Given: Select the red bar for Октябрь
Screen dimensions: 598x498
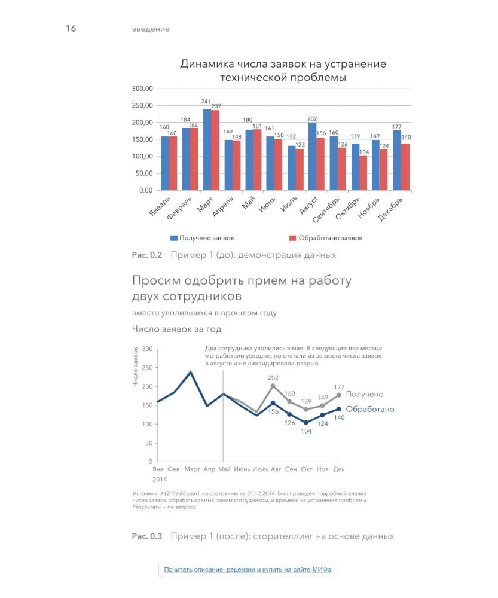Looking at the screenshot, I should click(x=363, y=173).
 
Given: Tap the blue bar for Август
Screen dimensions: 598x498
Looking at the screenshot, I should click(x=312, y=156).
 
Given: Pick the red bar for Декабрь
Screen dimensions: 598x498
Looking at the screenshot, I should click(x=405, y=167).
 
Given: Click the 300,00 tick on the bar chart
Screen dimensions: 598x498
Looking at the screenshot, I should click(x=142, y=89).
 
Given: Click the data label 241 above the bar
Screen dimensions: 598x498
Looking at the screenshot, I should click(x=206, y=102).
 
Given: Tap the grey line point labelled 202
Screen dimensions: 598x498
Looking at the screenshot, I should click(x=273, y=386).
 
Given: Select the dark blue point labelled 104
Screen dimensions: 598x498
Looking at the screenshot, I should click(x=306, y=423).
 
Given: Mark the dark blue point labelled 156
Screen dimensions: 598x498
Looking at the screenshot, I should click(x=273, y=403).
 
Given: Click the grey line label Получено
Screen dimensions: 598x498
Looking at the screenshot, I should click(x=365, y=395).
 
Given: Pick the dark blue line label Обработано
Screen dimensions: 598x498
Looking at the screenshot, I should click(x=370, y=409).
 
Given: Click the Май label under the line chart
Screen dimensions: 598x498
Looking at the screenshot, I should click(x=225, y=469).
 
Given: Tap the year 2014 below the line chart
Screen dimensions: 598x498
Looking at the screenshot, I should click(x=159, y=479).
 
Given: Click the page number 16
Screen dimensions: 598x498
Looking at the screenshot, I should click(x=71, y=28).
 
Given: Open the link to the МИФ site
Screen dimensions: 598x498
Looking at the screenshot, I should click(x=248, y=570).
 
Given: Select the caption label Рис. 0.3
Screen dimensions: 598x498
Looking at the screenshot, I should click(x=147, y=536).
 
